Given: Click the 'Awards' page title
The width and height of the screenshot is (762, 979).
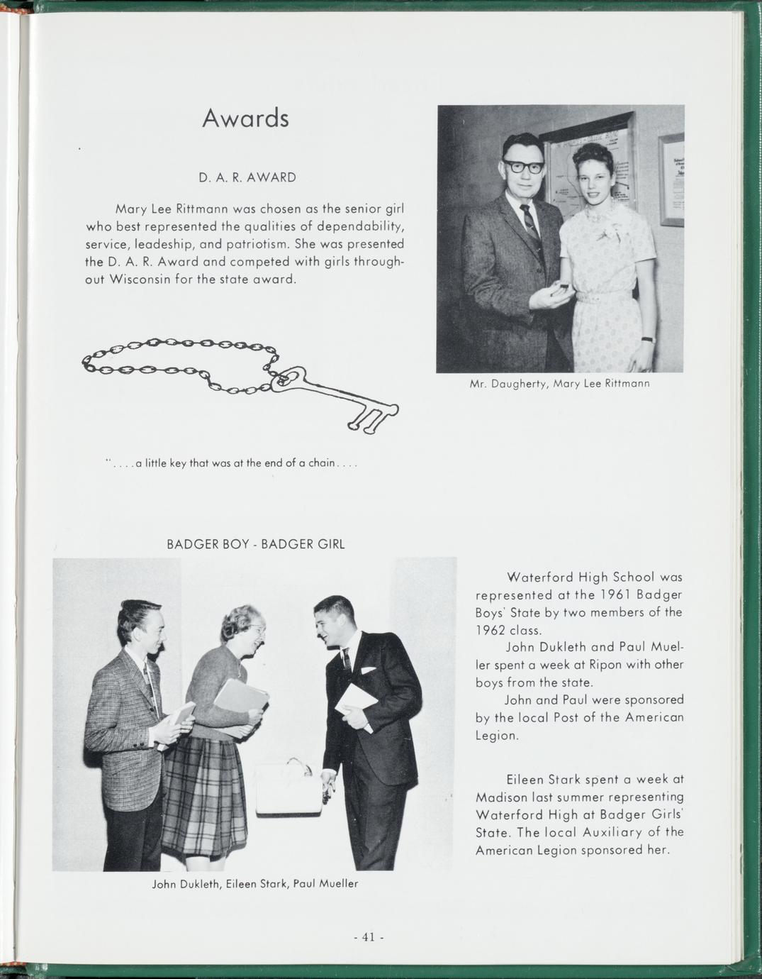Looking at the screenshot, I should pyautogui.click(x=245, y=118).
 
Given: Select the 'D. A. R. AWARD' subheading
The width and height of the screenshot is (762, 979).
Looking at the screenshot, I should pyautogui.click(x=247, y=177).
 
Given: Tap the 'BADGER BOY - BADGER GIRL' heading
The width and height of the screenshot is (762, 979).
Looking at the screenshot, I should pyautogui.click(x=255, y=545).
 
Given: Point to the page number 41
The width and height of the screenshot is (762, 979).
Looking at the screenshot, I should pyautogui.click(x=369, y=937).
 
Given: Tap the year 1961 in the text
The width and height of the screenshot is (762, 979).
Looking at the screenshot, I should pyautogui.click(x=609, y=594).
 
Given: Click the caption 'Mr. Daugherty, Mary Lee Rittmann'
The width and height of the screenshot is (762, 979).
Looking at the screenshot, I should pyautogui.click(x=559, y=384).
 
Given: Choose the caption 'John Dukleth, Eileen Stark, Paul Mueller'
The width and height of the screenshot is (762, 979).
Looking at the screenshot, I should pyautogui.click(x=255, y=884).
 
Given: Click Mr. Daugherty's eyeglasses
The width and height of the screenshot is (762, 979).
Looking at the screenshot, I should pyautogui.click(x=524, y=167).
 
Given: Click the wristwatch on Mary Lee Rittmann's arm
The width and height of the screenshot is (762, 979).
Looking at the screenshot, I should pyautogui.click(x=646, y=339).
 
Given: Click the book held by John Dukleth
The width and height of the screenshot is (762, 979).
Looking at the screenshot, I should pyautogui.click(x=181, y=717).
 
